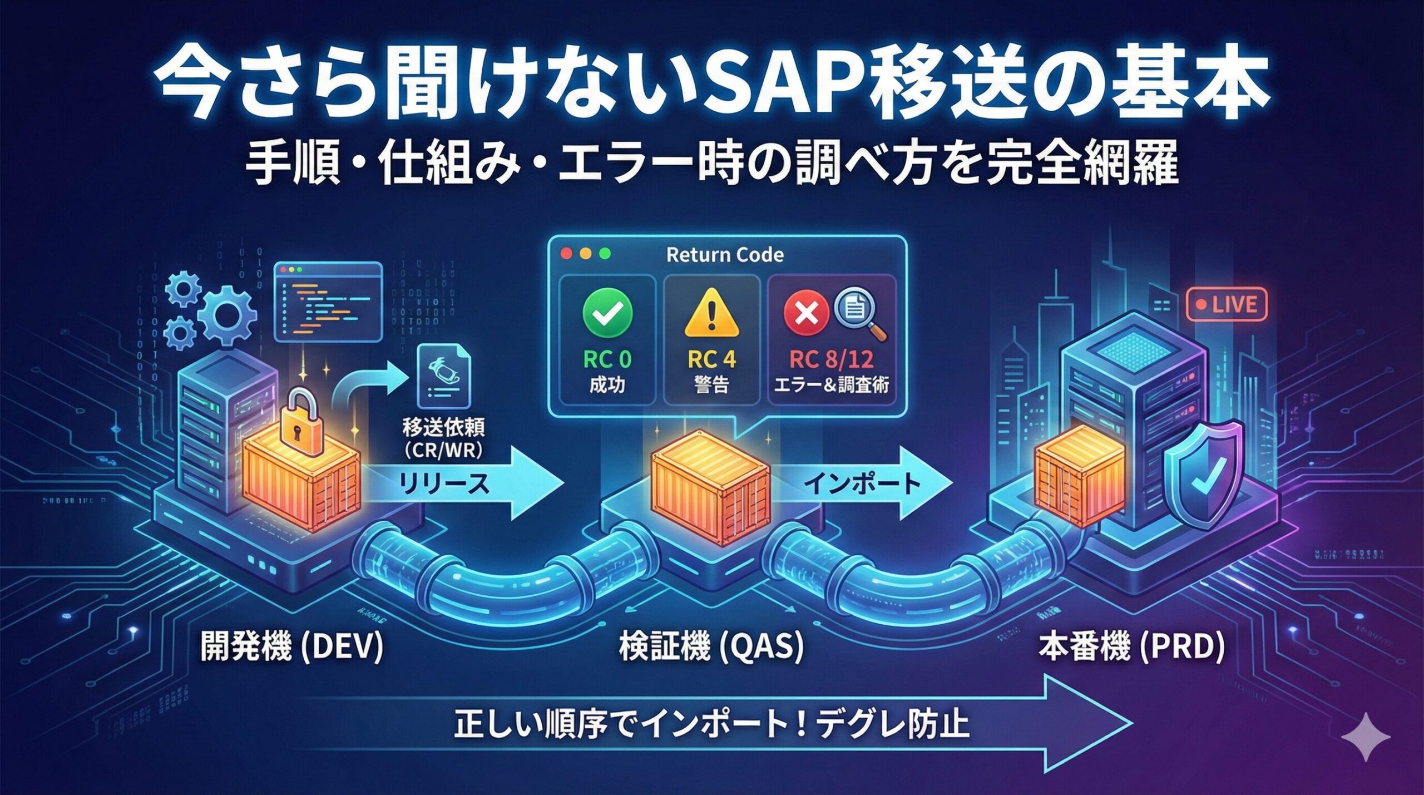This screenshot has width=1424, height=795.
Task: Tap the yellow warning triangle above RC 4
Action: pos(712,315)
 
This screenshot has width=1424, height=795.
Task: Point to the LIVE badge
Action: pos(1227,305)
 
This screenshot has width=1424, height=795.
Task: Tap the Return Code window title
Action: pos(725,255)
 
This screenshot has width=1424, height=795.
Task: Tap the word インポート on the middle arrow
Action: pos(863,483)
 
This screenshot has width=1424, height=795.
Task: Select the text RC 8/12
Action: pos(831,360)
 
